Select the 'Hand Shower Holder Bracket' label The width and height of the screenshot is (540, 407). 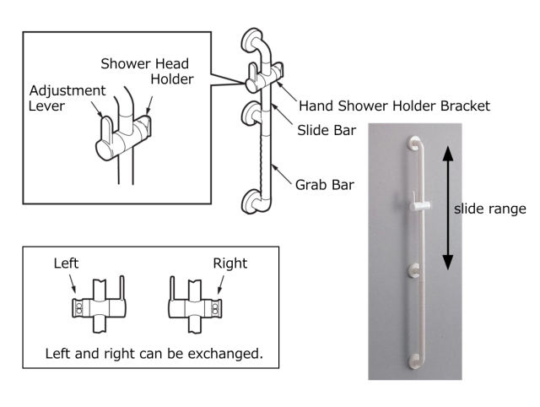(x=395, y=106)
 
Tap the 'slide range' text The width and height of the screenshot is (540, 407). (x=489, y=208)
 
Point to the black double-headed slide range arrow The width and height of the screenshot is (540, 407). (x=447, y=209)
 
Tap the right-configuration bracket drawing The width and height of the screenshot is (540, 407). (x=195, y=303)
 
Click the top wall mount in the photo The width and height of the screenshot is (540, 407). (x=413, y=144)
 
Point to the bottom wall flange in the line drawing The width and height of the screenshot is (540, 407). (x=250, y=203)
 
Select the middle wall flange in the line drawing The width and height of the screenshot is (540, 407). (x=250, y=111)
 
